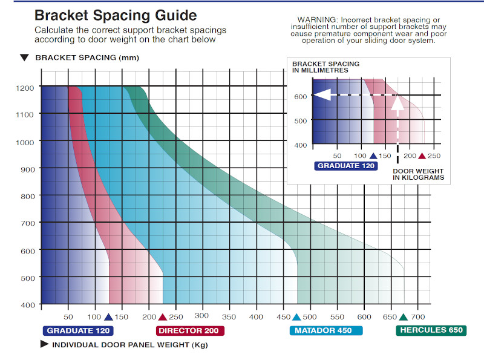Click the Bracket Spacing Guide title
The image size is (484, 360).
point(116,15)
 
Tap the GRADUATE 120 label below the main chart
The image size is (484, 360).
point(78,330)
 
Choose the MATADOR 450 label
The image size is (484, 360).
point(325,330)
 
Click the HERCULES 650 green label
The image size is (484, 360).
point(431,330)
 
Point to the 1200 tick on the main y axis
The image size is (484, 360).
point(25,87)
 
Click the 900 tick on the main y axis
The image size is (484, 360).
point(27,169)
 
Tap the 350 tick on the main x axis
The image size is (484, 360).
point(229,316)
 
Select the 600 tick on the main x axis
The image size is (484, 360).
point(364,316)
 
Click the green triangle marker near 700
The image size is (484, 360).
point(404,317)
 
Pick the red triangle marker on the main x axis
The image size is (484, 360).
point(162,317)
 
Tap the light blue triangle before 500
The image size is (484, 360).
point(296,317)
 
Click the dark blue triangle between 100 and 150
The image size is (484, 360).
point(108,317)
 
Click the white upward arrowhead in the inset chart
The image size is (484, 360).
point(397,103)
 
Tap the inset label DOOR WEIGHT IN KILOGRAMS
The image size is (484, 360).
point(418,174)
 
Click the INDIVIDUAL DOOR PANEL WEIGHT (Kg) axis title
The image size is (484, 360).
point(130,345)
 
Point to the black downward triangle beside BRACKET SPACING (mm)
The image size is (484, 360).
point(24,58)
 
